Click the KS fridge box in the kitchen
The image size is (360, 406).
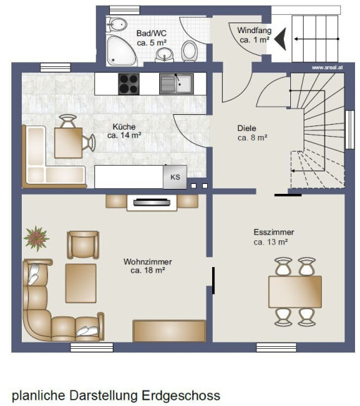[x=175, y=177]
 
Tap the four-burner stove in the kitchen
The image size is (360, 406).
[x=129, y=84]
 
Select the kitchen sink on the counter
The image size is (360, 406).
[x=176, y=84]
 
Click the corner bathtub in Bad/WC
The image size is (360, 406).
[x=121, y=51]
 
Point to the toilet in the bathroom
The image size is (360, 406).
[x=190, y=51]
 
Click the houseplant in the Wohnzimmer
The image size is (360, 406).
[x=36, y=238]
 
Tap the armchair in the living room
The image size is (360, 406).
[x=83, y=245]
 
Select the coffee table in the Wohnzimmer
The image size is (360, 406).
[x=81, y=283]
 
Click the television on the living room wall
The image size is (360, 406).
[x=152, y=202]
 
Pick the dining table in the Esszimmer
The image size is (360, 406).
[x=295, y=292]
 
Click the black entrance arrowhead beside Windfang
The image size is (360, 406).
[x=280, y=39]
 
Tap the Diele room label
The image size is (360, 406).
[x=247, y=128]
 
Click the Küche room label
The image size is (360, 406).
[x=124, y=127]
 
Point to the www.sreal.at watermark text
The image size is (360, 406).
[x=328, y=68]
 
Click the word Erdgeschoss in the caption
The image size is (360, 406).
[x=181, y=395]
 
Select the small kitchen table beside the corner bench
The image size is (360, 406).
[x=68, y=143]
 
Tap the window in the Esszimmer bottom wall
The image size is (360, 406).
[x=276, y=347]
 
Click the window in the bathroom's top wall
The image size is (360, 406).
[x=125, y=10]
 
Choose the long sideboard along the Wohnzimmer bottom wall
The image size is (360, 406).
[x=169, y=331]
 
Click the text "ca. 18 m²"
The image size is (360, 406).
[x=148, y=271]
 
